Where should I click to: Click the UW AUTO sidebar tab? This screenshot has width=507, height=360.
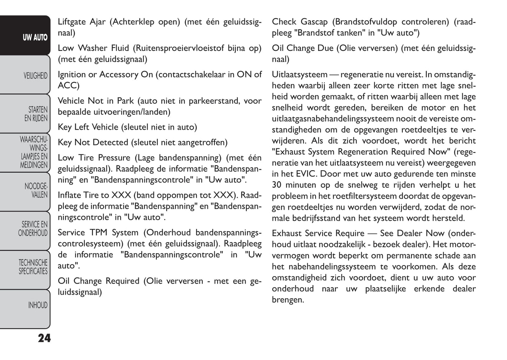[x=35, y=38]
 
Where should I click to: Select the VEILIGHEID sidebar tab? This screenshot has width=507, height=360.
[x=35, y=76]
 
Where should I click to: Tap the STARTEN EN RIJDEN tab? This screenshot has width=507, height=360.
[x=36, y=114]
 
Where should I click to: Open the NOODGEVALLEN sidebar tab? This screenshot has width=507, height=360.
[x=36, y=190]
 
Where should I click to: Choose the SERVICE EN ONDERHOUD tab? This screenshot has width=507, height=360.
[x=33, y=229]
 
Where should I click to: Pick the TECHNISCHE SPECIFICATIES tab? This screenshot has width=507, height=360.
[x=33, y=267]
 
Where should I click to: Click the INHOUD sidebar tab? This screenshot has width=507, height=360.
[x=38, y=305]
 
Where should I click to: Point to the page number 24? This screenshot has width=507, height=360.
[x=44, y=338]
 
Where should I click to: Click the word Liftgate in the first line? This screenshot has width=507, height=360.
[x=72, y=22]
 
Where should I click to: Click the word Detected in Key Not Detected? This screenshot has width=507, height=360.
[x=112, y=142]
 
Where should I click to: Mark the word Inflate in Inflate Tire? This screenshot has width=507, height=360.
[x=69, y=195]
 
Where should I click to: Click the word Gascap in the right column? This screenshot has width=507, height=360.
[x=314, y=22]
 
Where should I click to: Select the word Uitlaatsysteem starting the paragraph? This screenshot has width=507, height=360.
[x=299, y=74]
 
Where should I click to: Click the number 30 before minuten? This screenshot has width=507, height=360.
[x=277, y=185]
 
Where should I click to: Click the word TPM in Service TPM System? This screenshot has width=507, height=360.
[x=99, y=233]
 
